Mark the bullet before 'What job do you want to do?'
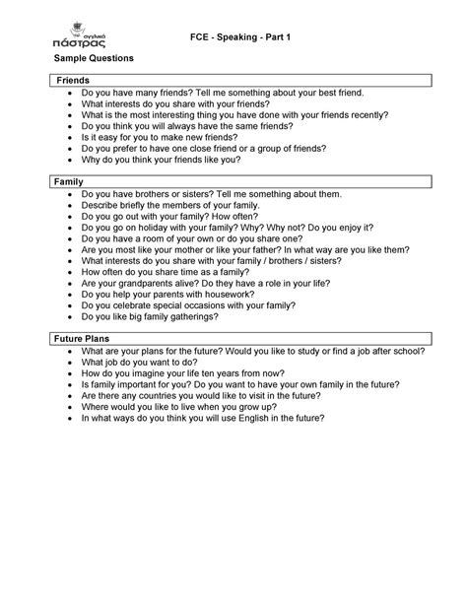pyautogui.click(x=68, y=362)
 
